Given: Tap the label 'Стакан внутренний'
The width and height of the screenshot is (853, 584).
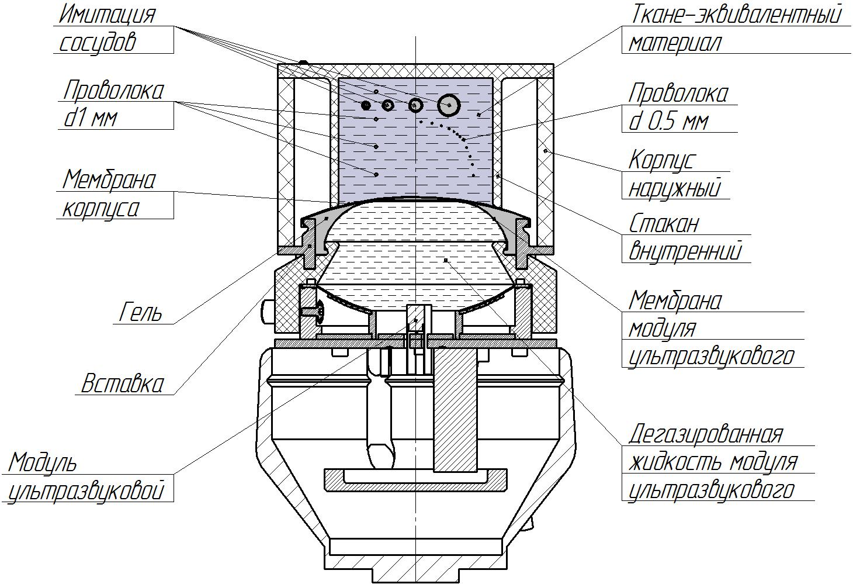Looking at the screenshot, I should (x=684, y=237).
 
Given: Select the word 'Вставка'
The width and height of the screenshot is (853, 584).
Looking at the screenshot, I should (x=123, y=384).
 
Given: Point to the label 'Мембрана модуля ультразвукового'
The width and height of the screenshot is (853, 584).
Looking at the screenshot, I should (x=710, y=327).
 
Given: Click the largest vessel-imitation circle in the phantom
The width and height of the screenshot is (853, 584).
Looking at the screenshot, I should (x=449, y=105).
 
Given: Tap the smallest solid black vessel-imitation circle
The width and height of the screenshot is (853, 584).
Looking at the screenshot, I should (x=366, y=105).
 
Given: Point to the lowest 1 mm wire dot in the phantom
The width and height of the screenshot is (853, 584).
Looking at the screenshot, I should (x=376, y=174).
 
